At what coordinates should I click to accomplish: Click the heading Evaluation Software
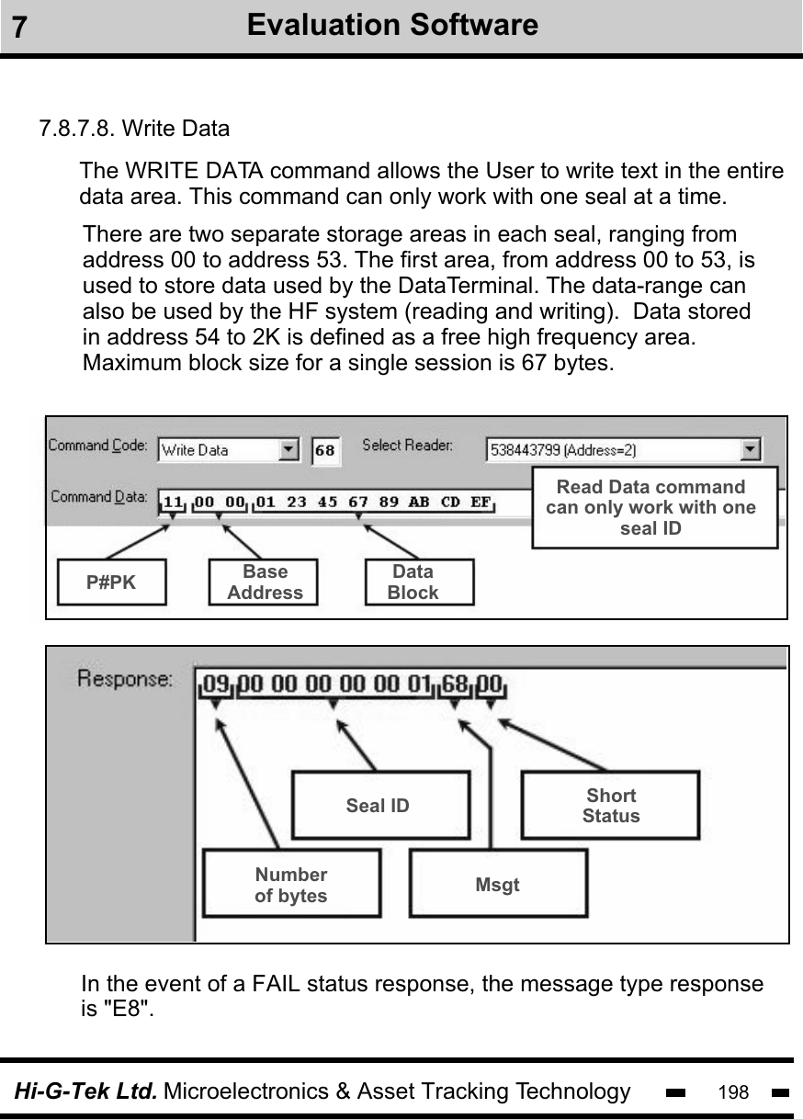tap(392, 25)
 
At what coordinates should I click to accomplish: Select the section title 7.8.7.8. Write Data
tap(134, 128)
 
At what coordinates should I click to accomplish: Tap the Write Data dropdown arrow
tap(289, 450)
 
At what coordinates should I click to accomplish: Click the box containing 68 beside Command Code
tap(324, 450)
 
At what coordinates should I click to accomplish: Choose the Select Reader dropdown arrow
tap(751, 449)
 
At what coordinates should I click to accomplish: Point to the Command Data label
tap(97, 497)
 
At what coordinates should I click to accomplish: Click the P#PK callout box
tap(111, 582)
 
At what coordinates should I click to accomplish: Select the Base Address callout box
tap(265, 582)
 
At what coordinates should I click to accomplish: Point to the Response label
tap(124, 681)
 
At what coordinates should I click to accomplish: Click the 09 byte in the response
tap(216, 684)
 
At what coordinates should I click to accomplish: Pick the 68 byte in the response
tap(454, 684)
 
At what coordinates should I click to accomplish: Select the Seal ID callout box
tap(379, 806)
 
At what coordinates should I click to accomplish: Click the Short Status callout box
tap(611, 806)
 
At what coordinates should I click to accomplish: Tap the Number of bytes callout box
tap(291, 885)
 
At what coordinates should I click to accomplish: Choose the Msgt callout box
tap(497, 885)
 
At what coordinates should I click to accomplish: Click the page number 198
tap(733, 1092)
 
